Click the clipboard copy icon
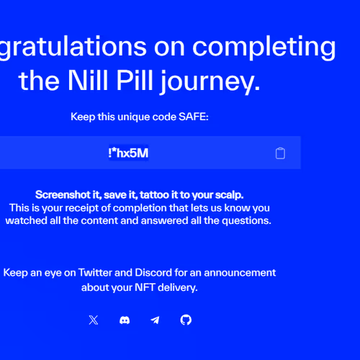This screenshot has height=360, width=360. coord(280,153)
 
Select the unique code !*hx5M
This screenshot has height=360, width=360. coord(128,153)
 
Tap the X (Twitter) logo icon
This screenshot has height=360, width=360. coord(94,320)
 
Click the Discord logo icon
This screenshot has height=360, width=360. coord(125,320)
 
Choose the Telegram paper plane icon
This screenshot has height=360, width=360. coord(155,320)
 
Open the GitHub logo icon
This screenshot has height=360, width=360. coord(186,320)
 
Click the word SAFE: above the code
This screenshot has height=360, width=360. coord(194,117)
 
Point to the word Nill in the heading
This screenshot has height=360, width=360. coord(88,80)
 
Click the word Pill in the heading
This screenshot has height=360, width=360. coord(135,80)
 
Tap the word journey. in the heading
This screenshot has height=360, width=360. coord(210,81)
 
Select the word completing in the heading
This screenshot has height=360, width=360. coord(264,47)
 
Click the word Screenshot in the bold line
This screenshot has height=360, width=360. coord(63,194)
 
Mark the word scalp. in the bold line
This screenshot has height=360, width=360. coord(229,195)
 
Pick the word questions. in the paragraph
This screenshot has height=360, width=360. coord(246,221)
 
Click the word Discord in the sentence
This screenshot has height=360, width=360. coord(153,273)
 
